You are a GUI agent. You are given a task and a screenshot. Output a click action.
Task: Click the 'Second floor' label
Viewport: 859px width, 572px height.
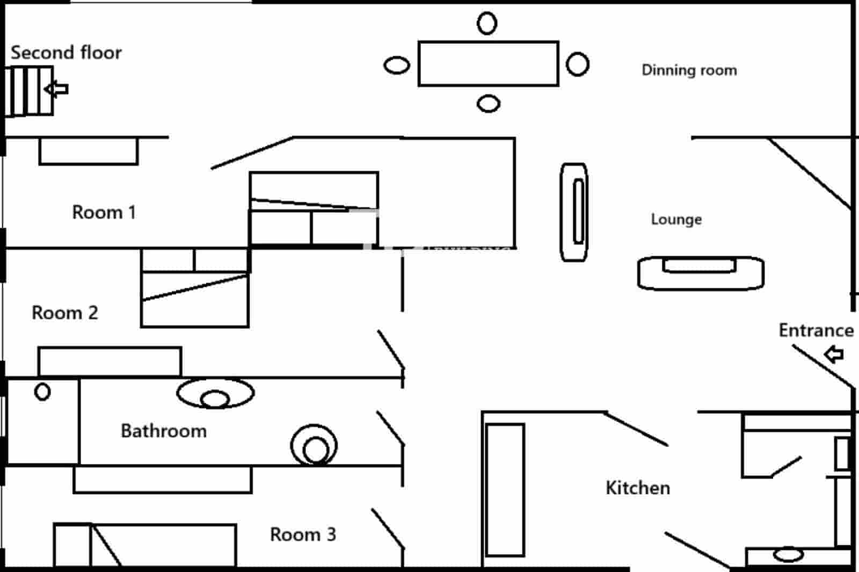[x=66, y=53]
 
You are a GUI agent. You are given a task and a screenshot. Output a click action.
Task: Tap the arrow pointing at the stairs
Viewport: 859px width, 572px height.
[x=57, y=89]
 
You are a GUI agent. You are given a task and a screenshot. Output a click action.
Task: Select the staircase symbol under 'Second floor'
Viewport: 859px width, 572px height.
[x=29, y=90]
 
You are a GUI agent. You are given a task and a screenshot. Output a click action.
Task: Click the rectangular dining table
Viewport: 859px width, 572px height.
[x=488, y=63]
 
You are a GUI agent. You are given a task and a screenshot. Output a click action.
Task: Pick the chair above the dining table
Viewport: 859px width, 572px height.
[x=487, y=23]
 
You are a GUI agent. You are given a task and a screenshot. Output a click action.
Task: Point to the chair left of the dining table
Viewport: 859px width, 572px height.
[x=397, y=66]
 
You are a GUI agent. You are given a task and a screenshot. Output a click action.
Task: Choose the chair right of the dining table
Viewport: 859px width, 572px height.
[x=578, y=64]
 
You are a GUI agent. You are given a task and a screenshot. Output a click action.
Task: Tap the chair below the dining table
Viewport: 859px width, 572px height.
[x=488, y=103]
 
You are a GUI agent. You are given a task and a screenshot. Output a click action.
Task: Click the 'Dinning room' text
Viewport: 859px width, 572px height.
[x=689, y=70]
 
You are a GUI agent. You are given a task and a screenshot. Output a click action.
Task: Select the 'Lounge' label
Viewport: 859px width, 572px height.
[x=676, y=219]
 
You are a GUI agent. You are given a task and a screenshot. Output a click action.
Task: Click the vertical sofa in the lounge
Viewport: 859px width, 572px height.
[x=574, y=212]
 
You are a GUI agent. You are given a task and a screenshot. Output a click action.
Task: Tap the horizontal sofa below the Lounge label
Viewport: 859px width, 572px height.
[x=700, y=273]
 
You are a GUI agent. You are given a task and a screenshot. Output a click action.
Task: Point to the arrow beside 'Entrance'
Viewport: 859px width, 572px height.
[x=834, y=354]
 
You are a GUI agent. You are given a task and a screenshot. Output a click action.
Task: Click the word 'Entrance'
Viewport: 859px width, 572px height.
[x=816, y=330]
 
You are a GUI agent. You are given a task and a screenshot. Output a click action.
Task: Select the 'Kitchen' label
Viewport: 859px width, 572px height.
[x=637, y=488]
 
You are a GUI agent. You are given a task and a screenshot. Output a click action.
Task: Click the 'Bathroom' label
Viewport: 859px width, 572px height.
[x=163, y=431]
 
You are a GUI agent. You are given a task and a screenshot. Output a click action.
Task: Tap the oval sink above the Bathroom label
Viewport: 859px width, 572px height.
[x=215, y=394]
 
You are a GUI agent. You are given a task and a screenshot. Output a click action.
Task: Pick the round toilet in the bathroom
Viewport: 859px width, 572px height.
[x=314, y=445]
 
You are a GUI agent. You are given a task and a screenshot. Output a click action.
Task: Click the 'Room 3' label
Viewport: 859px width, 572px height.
[x=302, y=534]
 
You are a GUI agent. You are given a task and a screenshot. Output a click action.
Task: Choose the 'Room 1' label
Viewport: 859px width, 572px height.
[x=104, y=212]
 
